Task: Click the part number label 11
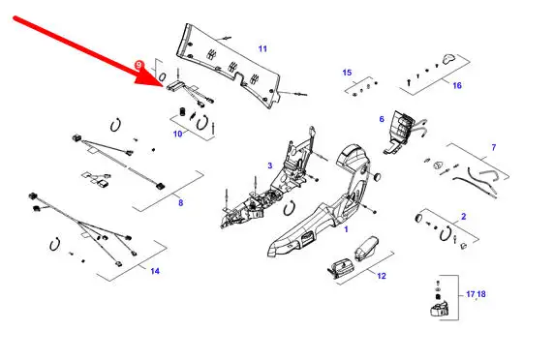click(262, 48)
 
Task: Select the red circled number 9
click(138, 65)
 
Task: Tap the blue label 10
click(177, 134)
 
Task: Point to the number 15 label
click(347, 73)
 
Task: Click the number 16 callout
click(457, 85)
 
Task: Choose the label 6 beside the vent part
click(382, 119)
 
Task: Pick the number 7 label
click(494, 147)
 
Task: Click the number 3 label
click(270, 165)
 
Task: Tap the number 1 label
click(347, 229)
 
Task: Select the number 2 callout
click(464, 217)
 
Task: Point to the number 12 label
click(382, 276)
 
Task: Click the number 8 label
click(181, 202)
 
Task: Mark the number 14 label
click(155, 271)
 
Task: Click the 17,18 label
click(476, 294)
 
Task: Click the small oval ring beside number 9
click(163, 77)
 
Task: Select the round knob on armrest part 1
click(377, 176)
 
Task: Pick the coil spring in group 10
click(183, 111)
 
